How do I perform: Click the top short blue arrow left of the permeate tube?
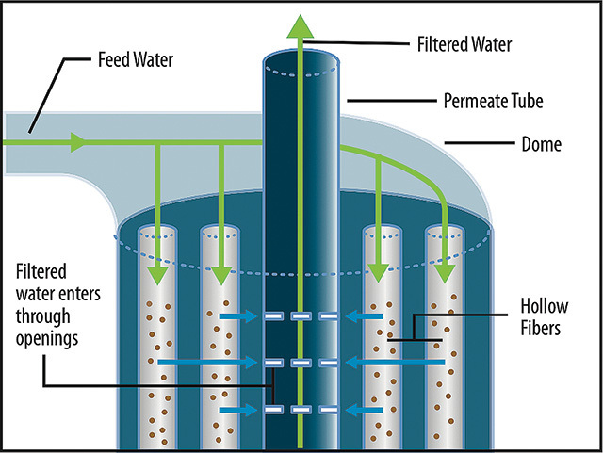pyautogui.click(x=238, y=316)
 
